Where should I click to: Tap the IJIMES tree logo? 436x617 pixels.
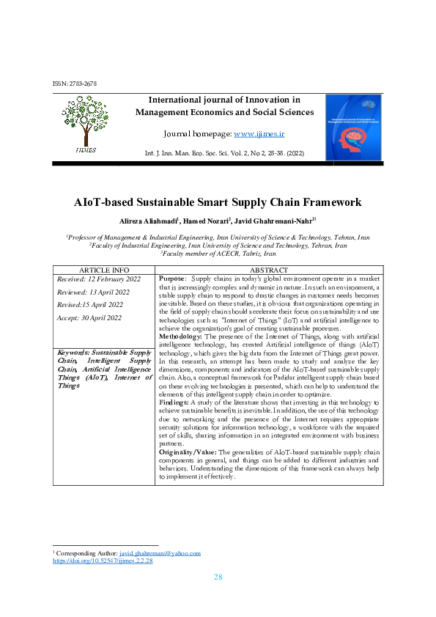click(x=85, y=125)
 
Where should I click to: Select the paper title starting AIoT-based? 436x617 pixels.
click(x=218, y=202)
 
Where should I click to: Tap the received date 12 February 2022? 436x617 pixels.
click(x=90, y=279)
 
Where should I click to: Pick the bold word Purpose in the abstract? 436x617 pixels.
click(x=172, y=279)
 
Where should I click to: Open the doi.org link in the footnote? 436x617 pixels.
click(x=103, y=561)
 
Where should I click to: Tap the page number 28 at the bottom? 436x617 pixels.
click(x=218, y=577)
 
